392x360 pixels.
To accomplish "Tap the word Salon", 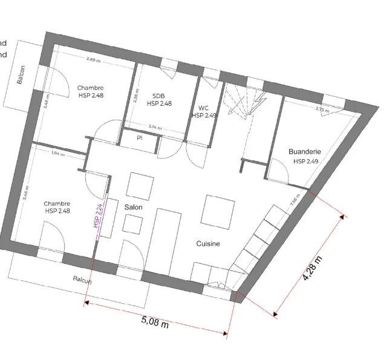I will click(x=134, y=206).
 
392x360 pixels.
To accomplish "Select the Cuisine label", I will click(x=207, y=244).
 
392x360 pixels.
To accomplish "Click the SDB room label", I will click(x=158, y=96).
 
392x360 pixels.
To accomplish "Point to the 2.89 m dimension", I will click(x=93, y=59).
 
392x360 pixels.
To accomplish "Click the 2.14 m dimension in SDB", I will click(x=155, y=127).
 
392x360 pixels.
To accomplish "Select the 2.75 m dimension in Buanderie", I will click(x=322, y=110).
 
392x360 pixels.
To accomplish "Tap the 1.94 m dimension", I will click(x=58, y=153).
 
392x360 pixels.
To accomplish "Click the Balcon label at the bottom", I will click(x=82, y=280).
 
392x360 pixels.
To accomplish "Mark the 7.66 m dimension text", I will click(x=295, y=201).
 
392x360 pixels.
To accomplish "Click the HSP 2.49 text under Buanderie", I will click(x=306, y=162).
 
